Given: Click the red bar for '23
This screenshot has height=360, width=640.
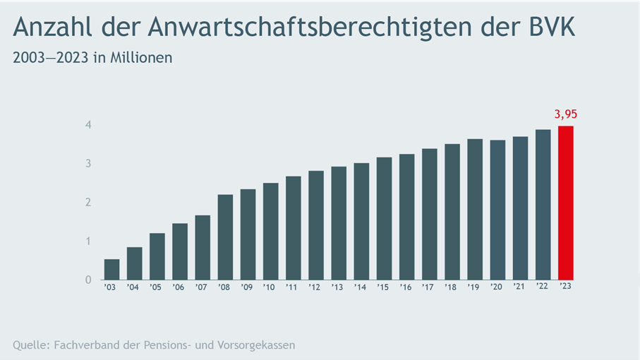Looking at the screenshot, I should click(565, 203).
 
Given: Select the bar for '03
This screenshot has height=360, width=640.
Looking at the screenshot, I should click(111, 269).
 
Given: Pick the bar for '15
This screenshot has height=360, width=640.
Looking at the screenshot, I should click(384, 218).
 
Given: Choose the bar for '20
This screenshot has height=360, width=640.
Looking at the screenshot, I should click(497, 210).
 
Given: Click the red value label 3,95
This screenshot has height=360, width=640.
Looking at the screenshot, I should click(565, 114).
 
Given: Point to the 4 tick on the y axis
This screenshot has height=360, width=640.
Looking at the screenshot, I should click(89, 125).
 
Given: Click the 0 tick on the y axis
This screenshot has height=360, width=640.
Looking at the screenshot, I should click(89, 280).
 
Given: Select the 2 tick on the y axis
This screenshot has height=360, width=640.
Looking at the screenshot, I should click(89, 203).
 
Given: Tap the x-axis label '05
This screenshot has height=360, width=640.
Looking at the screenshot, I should click(157, 287).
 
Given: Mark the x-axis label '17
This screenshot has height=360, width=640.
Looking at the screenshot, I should click(429, 287).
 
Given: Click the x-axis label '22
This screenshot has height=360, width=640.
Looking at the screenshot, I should click(543, 287).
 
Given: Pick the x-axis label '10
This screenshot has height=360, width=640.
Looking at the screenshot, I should click(270, 287).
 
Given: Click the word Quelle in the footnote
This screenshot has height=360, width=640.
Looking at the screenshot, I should click(31, 345).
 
